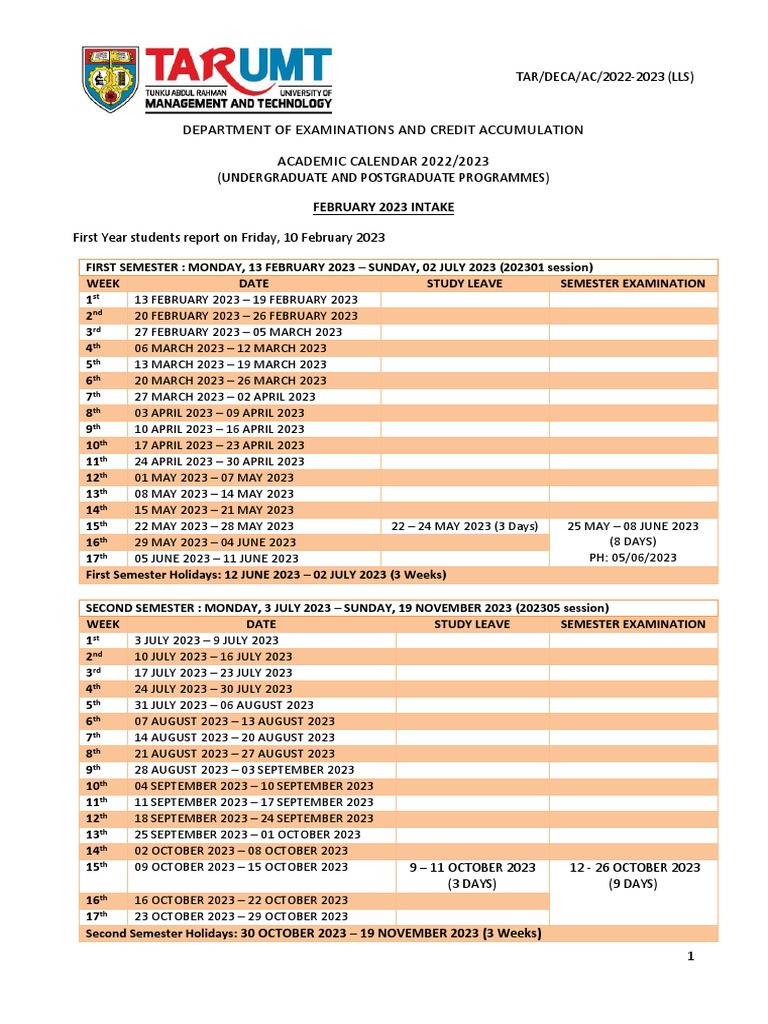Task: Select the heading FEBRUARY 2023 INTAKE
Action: coord(384,205)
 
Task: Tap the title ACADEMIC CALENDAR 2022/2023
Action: coord(384,162)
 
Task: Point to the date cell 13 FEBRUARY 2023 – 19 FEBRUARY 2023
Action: coord(245,300)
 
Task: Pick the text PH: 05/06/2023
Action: coord(633,558)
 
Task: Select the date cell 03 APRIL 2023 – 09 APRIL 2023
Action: coord(219,413)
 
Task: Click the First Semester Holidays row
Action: coord(266,575)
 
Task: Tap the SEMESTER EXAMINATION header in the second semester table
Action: coord(633,624)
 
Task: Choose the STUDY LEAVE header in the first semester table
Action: coord(464,283)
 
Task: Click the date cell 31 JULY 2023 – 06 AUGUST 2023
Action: coord(223,705)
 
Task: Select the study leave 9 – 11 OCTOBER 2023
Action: coord(472,867)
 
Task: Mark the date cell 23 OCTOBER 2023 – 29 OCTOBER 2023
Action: coord(241,916)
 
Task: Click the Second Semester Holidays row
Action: coord(313,933)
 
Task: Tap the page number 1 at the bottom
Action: coord(690,957)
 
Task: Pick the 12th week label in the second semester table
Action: coord(96,818)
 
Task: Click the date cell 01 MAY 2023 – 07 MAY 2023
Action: coord(213,477)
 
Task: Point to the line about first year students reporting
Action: coord(229,237)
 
